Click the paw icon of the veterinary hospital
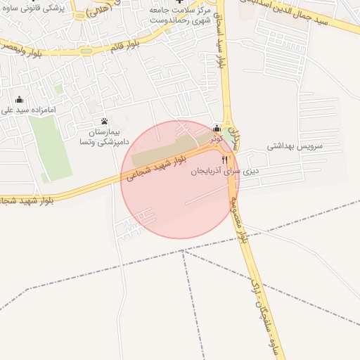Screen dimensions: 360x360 [104, 121]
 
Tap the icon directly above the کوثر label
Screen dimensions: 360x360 [217, 129]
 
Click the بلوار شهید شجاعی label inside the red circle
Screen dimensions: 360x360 [157, 164]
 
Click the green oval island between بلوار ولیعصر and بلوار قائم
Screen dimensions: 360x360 [86, 50]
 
